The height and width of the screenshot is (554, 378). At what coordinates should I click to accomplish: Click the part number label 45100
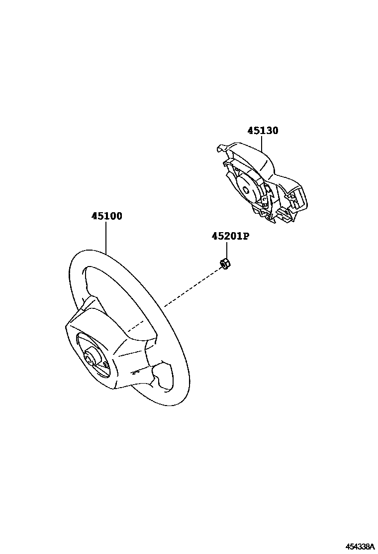(x=106, y=216)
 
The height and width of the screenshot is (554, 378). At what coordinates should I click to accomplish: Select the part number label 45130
(x=263, y=131)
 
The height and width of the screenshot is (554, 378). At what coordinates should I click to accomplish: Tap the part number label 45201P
(x=230, y=236)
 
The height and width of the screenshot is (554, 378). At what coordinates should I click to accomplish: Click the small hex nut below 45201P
(x=224, y=264)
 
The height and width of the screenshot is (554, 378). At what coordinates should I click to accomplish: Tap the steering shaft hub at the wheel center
(x=92, y=357)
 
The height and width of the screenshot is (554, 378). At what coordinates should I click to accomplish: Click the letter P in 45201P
(x=245, y=236)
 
